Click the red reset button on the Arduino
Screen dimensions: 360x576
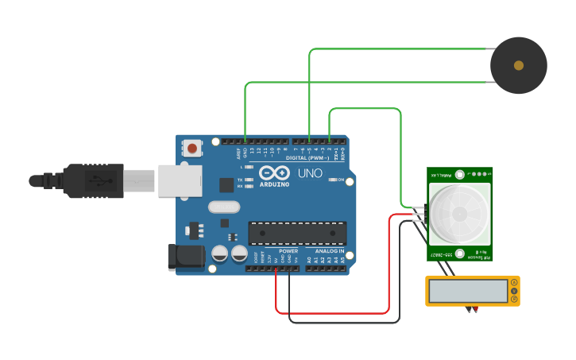tap(193, 148)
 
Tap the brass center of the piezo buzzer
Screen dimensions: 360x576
tap(519, 65)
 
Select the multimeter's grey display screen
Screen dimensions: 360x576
tap(468, 291)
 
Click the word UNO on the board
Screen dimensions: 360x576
tap(310, 172)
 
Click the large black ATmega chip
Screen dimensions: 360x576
tap(298, 232)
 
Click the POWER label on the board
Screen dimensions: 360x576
tap(288, 251)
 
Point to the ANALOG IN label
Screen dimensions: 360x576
tap(329, 251)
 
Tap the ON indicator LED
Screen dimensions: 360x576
tap(333, 180)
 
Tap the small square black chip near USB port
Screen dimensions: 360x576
tap(226, 185)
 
